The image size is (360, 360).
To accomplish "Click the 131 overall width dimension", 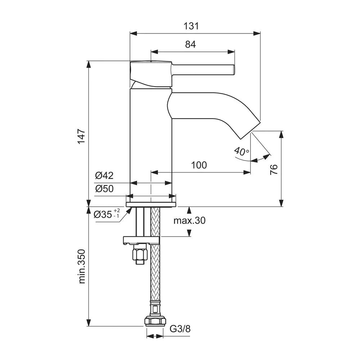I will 191,26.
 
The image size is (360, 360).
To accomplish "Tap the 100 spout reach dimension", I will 199,165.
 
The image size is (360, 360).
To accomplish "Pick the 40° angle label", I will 241,151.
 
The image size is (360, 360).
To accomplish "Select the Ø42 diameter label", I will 104,176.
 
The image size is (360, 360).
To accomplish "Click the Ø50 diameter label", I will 104,189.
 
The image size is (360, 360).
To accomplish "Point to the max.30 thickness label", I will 189,221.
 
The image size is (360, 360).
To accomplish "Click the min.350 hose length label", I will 82,266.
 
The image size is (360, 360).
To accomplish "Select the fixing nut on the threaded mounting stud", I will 140,254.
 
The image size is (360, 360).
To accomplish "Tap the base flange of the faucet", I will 151,204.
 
